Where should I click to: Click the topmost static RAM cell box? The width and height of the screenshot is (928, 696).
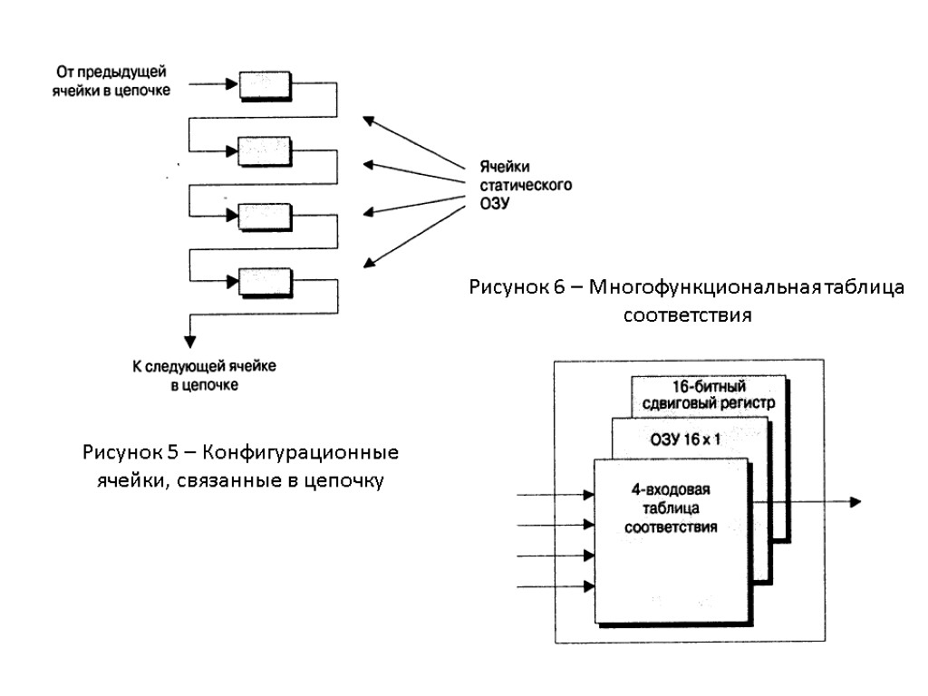pos(265,84)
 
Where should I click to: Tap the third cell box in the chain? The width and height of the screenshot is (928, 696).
pos(265,216)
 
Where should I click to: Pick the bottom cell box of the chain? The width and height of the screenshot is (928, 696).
pos(265,282)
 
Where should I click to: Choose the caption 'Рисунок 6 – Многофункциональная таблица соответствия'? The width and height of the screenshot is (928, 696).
pos(687,302)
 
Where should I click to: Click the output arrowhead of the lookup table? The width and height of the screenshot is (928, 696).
pos(854,502)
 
